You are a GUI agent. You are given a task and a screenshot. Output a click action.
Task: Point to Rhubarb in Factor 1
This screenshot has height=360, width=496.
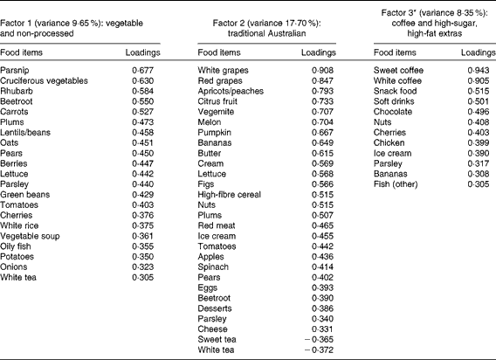pos(17,94)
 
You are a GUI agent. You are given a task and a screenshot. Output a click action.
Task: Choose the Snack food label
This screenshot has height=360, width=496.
pos(396,94)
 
